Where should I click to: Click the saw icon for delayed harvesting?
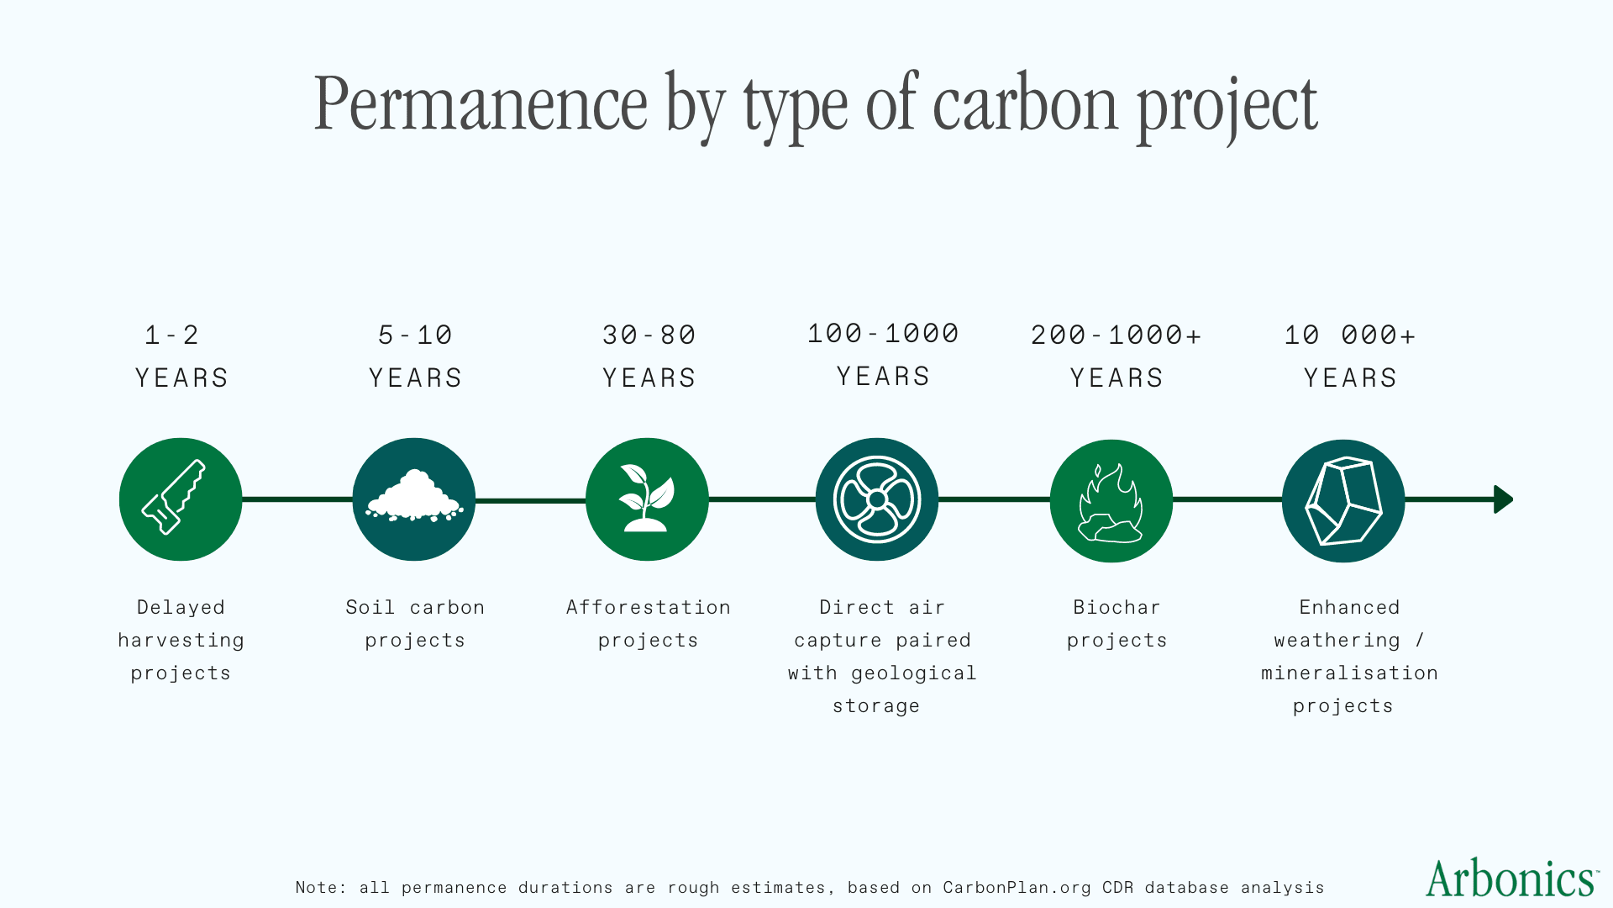pos(174,497)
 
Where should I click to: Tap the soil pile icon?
pos(414,496)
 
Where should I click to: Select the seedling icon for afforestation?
pos(647,498)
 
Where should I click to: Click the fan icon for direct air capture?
pos(877,499)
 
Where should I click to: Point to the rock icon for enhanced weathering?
pos(1343,501)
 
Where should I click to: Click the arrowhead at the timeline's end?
pos(1503,499)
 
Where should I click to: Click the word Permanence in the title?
pos(481,104)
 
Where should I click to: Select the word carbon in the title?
pos(1026,104)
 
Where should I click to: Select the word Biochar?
pos(1116,607)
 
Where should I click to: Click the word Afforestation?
pos(649,607)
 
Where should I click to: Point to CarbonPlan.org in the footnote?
pos(1017,888)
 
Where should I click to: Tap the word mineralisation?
pos(1350,673)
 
